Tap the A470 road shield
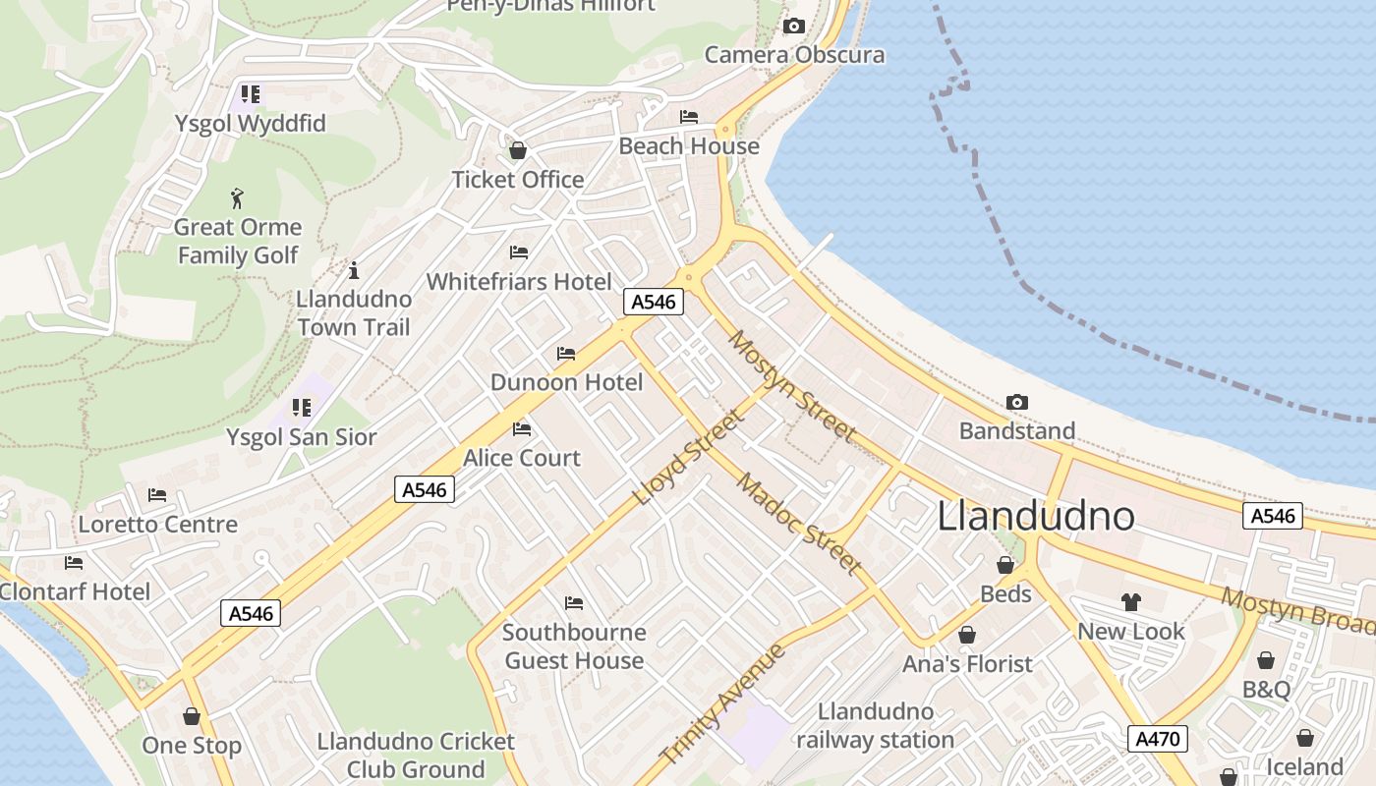coord(1158,739)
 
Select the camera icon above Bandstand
coord(1017,402)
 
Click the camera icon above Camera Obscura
coord(794,27)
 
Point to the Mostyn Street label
coord(791,385)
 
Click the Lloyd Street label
coord(690,458)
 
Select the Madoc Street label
coord(799,524)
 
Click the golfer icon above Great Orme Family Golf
coord(237,198)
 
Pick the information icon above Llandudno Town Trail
coord(354,270)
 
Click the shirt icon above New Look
coord(1131,602)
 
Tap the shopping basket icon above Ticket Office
coord(517,150)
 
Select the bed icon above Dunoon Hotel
coord(566,354)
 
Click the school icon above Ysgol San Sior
coord(302,408)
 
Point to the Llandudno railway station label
coord(875,725)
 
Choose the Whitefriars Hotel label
coord(519,282)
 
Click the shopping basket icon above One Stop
coord(192,716)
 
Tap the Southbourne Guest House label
coord(574,646)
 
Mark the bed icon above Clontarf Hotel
coord(74,563)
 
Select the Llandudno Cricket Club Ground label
coord(416,755)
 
